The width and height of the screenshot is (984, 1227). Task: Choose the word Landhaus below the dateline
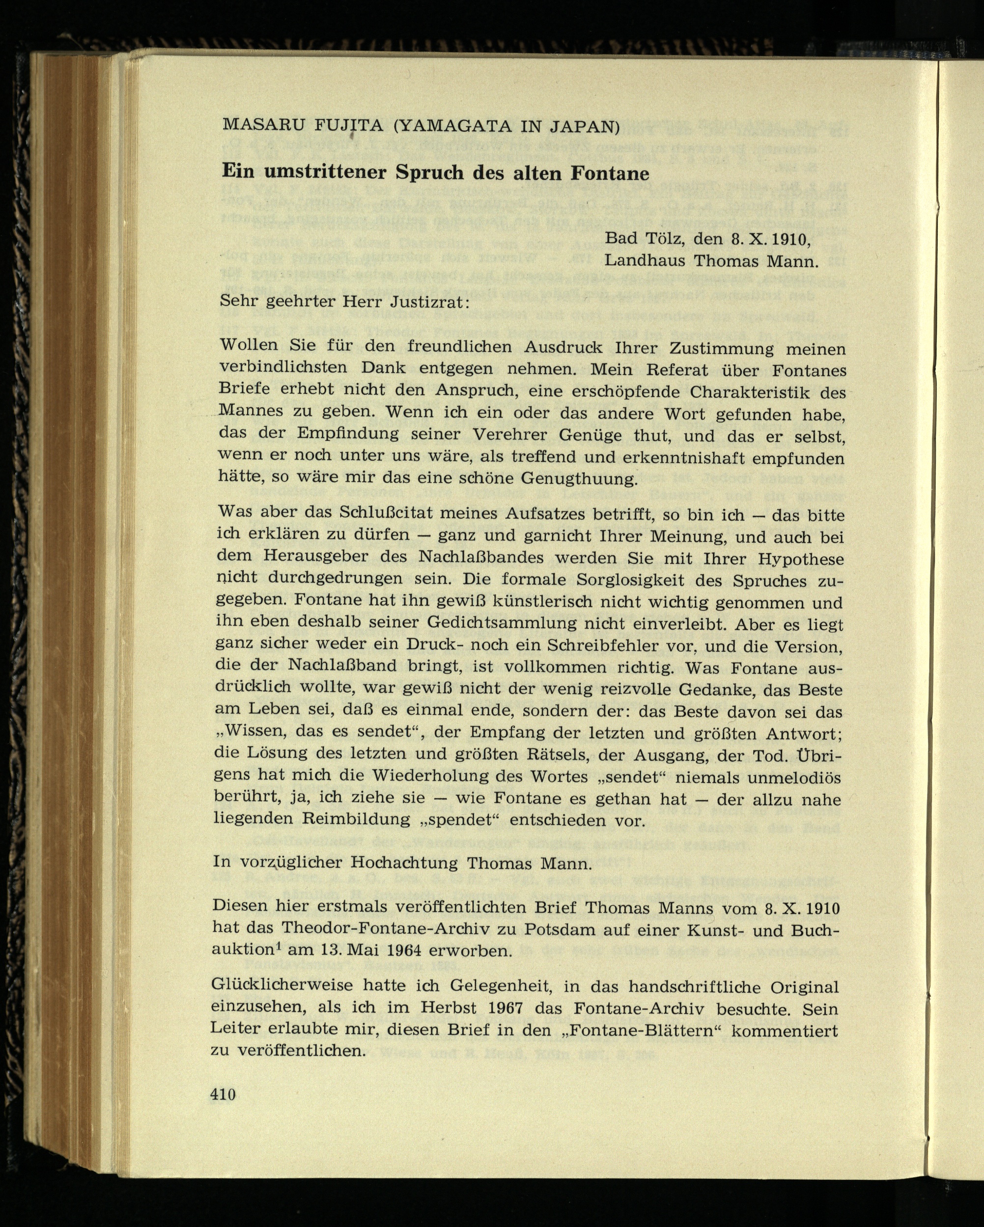(x=644, y=261)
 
